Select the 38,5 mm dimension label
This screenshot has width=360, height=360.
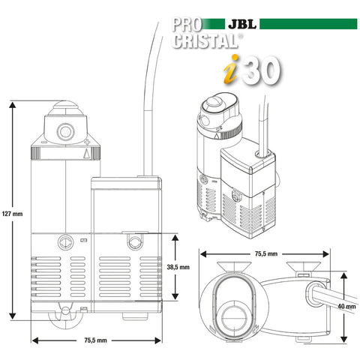(x=188, y=266)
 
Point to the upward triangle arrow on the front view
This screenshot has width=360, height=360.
(x=87, y=154)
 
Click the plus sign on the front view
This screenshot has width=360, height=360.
(x=88, y=141)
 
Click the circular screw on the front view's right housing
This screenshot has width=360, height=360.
(x=134, y=242)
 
